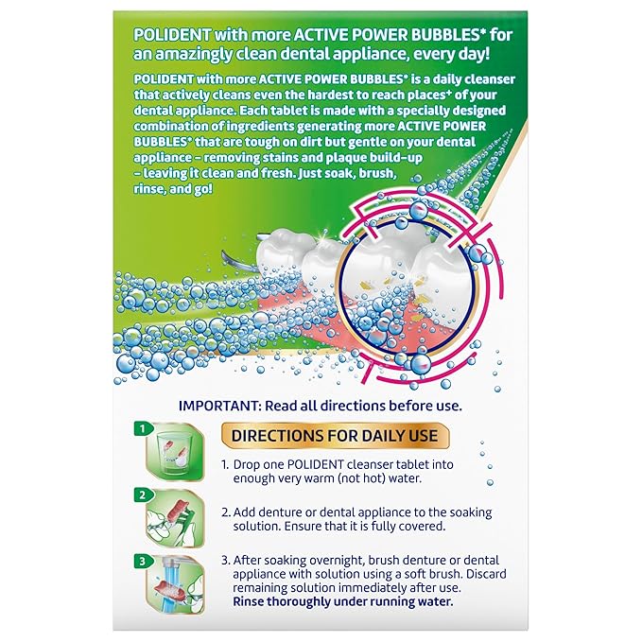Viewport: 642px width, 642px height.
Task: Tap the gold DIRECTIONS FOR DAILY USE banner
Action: coord(332,436)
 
